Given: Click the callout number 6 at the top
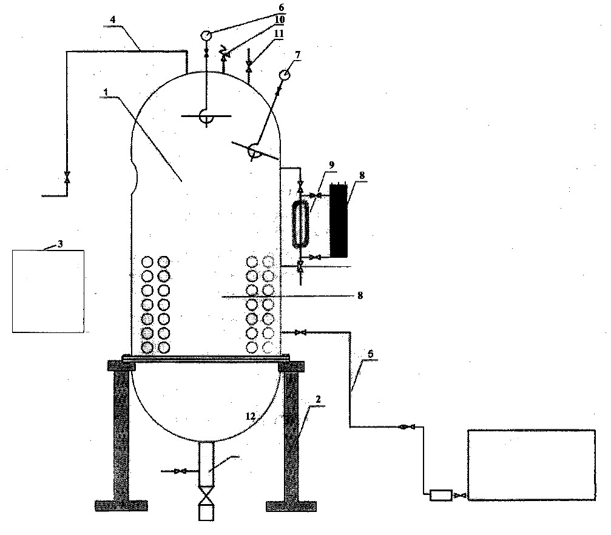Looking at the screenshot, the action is coord(282,7).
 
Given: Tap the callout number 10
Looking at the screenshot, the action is coord(279,19).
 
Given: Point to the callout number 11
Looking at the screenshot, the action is coord(278,33).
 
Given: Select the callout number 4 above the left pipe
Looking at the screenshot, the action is coord(113,19).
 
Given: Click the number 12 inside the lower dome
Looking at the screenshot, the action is coord(250,416).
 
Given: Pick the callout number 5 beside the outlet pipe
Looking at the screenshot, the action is coord(370,354).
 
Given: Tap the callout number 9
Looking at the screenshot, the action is coord(332,165).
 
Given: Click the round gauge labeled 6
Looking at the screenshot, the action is coord(206,35).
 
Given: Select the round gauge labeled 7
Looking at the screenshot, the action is coord(285,74).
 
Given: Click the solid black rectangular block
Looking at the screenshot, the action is coord(338,221).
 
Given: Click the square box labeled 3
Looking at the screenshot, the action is coord(49,292).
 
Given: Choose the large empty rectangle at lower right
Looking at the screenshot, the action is coord(532,465).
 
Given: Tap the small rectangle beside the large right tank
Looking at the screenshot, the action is coord(441,495).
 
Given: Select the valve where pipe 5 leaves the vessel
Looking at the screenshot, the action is coord(300,332).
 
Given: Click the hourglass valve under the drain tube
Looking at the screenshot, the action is coord(206,496).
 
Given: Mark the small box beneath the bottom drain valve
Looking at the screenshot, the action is coord(206,513).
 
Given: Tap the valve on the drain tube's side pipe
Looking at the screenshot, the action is coord(180,471).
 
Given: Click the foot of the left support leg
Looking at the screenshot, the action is coord(121,506).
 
